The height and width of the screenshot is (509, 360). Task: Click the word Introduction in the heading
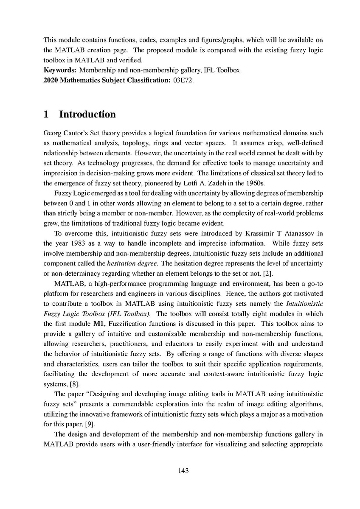click(87, 115)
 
